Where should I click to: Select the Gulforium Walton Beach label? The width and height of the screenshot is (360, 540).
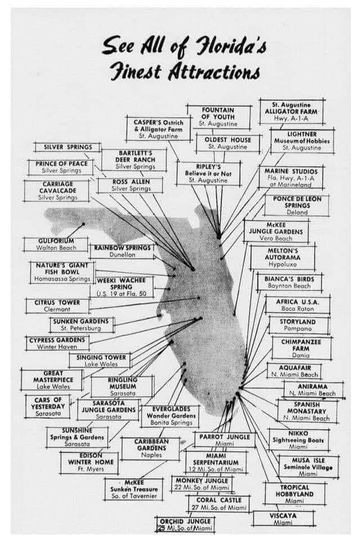56,244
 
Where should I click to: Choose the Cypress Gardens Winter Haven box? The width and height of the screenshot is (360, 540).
58,343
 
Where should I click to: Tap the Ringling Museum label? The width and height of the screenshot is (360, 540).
123,386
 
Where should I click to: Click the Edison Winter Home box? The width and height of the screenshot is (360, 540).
89,461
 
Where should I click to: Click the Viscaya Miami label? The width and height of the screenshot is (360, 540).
283,518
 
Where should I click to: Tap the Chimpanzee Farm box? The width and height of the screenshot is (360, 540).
300,348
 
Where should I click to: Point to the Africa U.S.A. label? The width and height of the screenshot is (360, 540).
298,305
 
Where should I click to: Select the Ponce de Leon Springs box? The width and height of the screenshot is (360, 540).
297,205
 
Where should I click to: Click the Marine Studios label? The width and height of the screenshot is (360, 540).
290,177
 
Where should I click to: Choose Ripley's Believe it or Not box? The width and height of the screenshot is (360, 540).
208,173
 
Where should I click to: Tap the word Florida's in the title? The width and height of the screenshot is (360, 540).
224,47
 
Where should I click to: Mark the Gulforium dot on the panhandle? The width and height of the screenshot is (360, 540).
84,223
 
